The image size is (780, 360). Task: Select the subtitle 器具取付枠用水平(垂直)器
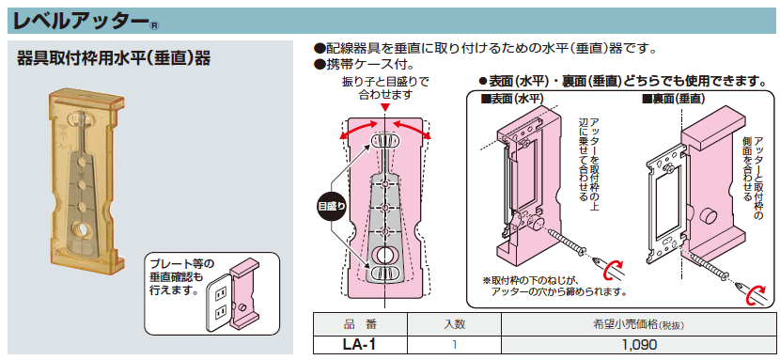coord(114,58)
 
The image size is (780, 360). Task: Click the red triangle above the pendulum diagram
coord(385,107)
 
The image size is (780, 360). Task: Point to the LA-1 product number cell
coord(360,344)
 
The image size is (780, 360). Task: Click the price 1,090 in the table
coord(638,345)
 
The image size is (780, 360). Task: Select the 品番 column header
coord(360,325)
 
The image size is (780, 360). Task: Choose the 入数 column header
coord(454,325)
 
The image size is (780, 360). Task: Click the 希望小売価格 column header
coord(638,325)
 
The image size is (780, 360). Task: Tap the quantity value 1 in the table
coord(455,345)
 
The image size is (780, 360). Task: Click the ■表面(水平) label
coord(511,100)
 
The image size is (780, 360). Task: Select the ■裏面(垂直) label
coord(674,100)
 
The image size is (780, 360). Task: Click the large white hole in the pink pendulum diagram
coord(384,256)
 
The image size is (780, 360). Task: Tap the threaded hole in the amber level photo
coord(80,229)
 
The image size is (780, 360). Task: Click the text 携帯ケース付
coord(364,64)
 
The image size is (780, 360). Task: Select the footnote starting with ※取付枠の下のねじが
coord(554,286)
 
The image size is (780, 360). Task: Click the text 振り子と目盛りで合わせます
coord(385,87)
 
